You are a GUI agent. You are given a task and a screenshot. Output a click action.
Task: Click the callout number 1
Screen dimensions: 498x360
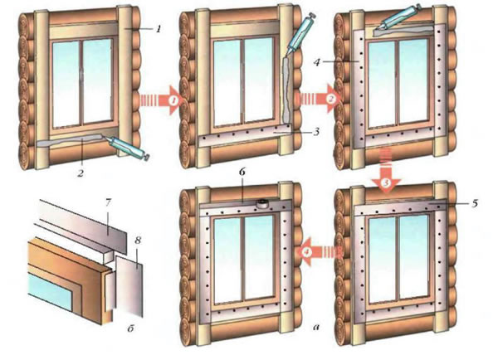(x=159, y=29)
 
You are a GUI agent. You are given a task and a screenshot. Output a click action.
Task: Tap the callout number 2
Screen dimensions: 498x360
(x=81, y=173)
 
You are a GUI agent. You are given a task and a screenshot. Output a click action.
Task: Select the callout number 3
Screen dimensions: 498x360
(x=316, y=131)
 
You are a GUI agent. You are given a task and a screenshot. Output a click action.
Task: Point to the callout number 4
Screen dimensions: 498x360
(x=317, y=62)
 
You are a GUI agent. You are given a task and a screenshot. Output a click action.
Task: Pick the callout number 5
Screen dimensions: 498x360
(x=474, y=203)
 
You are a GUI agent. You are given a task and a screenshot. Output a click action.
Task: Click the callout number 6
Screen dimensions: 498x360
(x=242, y=173)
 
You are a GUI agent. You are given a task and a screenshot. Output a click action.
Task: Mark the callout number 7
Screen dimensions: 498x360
(x=108, y=203)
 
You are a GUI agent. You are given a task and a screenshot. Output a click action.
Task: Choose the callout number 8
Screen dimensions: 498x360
(x=138, y=240)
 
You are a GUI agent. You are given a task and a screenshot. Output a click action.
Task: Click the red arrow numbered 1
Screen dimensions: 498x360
(x=160, y=100)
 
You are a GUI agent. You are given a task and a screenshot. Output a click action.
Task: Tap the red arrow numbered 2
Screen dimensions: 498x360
(x=319, y=99)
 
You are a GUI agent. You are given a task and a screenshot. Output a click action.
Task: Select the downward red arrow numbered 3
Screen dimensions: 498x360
(x=385, y=172)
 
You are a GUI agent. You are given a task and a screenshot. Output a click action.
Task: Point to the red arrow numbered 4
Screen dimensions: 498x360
(x=320, y=252)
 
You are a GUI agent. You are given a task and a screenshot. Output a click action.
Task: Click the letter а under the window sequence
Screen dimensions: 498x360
(x=315, y=327)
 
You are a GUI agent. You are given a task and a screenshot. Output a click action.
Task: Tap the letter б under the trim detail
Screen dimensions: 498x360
(x=131, y=328)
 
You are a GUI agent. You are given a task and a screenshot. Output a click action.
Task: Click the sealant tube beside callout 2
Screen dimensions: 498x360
(x=128, y=148)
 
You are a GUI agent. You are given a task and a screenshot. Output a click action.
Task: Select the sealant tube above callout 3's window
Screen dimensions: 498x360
(x=301, y=34)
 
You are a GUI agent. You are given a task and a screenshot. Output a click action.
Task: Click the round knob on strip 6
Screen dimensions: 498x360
(x=262, y=203)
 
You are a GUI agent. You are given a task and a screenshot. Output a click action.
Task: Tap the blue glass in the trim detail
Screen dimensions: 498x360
(x=51, y=291)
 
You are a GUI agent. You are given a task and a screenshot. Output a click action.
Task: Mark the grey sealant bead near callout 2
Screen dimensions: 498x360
(x=71, y=141)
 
